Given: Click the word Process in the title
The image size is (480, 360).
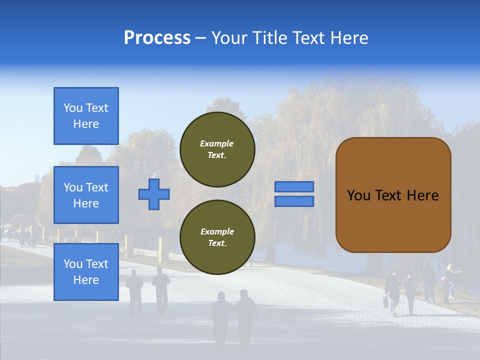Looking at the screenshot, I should click(157, 38).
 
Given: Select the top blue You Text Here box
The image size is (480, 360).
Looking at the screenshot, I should click(86, 116).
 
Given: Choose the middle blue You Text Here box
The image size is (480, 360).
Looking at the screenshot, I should click(86, 195).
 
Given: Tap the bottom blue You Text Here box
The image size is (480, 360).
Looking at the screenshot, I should click(86, 272).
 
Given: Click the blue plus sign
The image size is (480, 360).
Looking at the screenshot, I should click(154, 194).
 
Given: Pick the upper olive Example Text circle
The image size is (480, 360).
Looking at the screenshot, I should click(217, 149).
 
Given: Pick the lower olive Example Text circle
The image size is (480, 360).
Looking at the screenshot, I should click(217, 237).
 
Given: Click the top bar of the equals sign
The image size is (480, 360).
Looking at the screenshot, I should click(294, 187).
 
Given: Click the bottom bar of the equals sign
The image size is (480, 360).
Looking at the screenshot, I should click(294, 201).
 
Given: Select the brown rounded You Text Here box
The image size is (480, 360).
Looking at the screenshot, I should click(393, 195).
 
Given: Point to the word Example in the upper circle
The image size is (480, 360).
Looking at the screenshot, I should click(216, 143).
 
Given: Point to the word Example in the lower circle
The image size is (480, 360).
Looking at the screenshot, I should click(217, 231).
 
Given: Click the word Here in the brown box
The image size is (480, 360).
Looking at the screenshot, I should click(422, 195).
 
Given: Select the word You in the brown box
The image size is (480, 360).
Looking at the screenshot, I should click(358, 195).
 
